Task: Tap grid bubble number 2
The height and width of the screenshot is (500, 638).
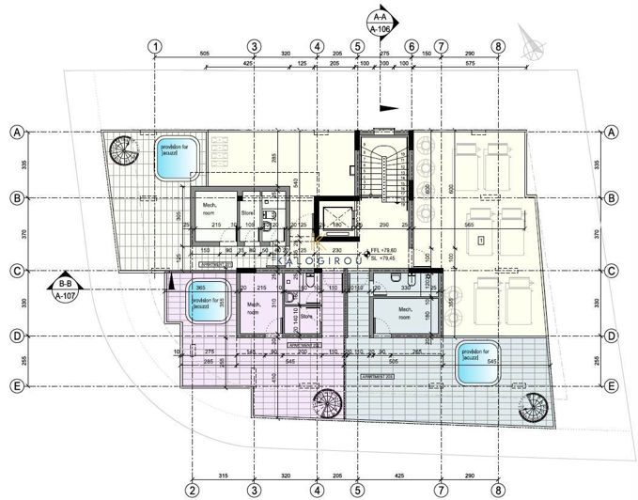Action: [x=191, y=489]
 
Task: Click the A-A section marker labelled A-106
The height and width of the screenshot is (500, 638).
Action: [x=381, y=23]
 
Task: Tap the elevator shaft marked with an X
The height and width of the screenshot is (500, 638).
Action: [x=336, y=221]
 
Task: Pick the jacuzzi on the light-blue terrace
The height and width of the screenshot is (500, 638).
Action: [x=477, y=363]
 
